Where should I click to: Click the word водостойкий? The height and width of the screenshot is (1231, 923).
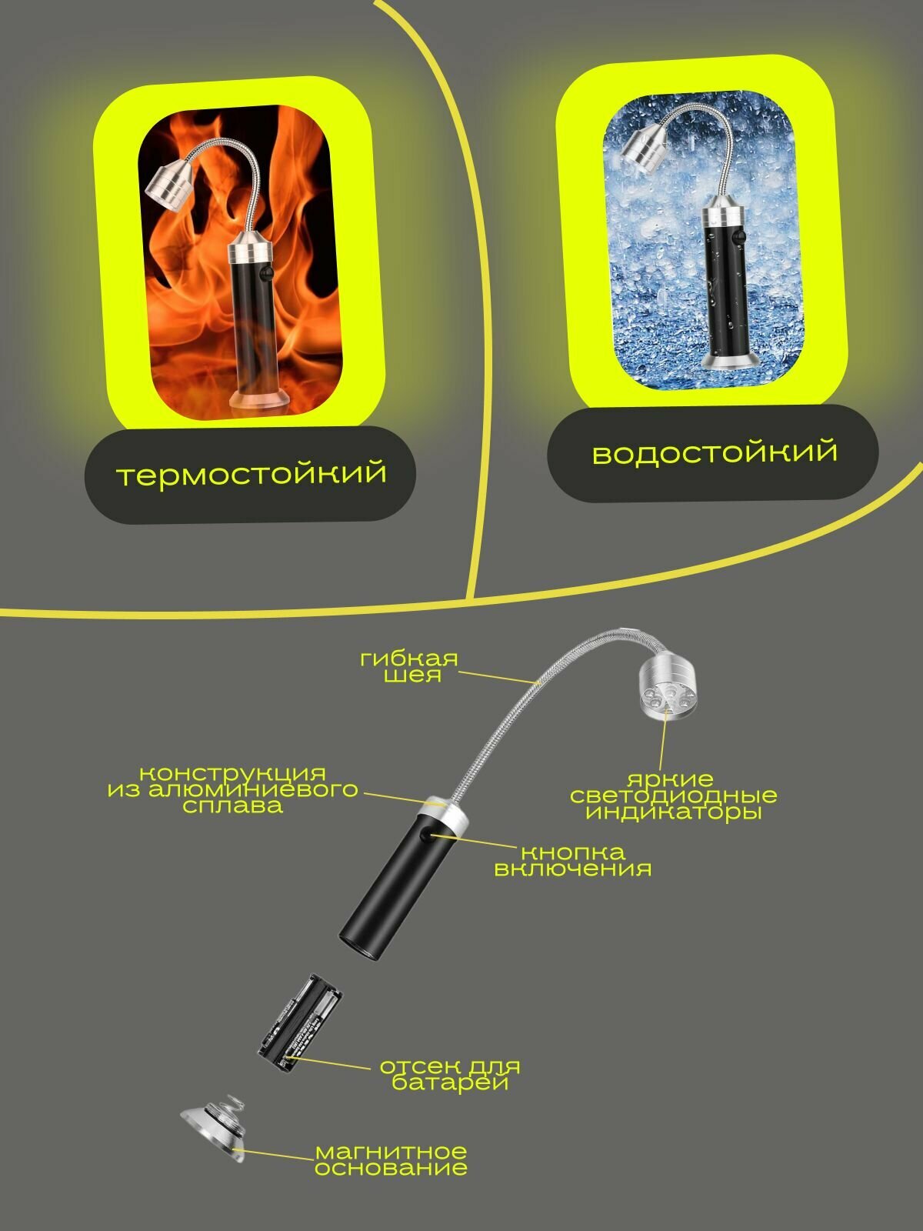tap(715, 452)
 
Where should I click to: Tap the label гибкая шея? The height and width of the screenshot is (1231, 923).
tap(408, 667)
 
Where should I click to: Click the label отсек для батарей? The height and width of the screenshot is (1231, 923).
tap(450, 1075)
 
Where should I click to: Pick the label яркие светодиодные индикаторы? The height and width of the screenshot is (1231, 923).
tap(674, 796)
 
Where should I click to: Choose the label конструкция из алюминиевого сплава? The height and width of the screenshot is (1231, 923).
tap(232, 789)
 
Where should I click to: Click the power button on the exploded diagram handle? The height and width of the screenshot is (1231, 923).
tap(428, 836)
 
